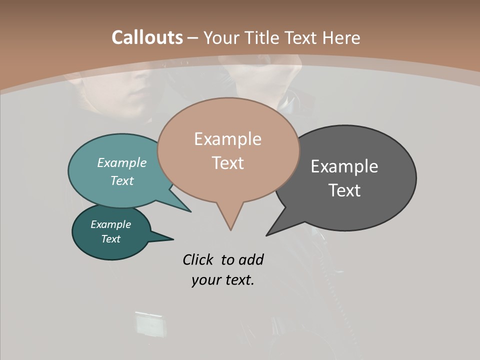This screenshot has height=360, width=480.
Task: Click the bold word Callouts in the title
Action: pos(147,37)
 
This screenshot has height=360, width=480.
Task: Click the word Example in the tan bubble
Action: pos(227,139)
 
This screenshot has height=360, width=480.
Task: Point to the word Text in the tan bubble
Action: pos(227,163)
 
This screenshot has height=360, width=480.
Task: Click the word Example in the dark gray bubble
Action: pos(344,166)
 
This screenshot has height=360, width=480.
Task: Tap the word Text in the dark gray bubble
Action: pos(344,190)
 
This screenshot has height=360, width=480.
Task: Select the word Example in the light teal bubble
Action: pos(122,163)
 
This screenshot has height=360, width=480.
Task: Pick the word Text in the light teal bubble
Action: pos(122,181)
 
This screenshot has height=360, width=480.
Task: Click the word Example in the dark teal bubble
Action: pos(111,224)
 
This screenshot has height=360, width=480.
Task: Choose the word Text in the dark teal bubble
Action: pos(111,239)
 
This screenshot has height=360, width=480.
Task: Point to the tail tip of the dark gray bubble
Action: pos(268,233)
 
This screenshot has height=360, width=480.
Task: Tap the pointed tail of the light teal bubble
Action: pos(187,209)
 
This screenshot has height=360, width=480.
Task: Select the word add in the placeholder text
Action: pos(250,259)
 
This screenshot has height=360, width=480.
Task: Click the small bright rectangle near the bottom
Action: pos(148,324)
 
